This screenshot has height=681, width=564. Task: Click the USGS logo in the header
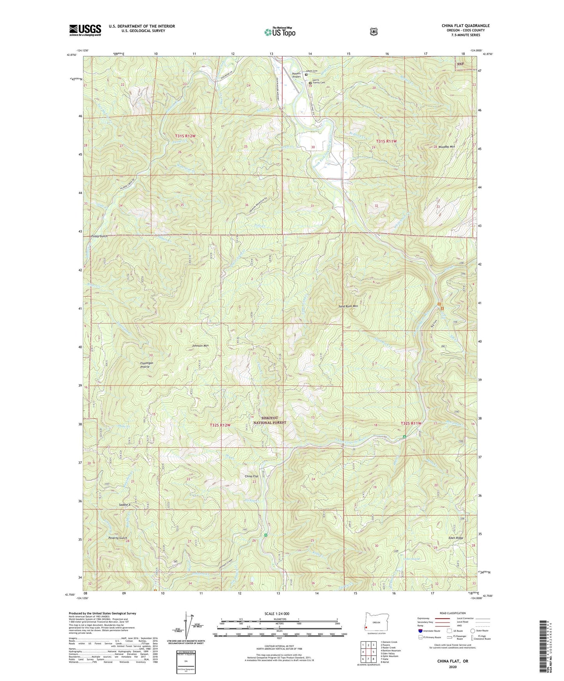(x=85, y=30)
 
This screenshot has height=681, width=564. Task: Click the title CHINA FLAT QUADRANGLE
(x=465, y=26)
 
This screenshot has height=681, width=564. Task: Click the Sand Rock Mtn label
(x=348, y=306)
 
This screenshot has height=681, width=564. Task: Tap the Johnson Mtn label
(x=200, y=346)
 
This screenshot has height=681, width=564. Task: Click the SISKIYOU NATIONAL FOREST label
(x=270, y=420)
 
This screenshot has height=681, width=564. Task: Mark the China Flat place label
(x=251, y=477)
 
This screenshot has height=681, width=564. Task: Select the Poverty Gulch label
(x=118, y=538)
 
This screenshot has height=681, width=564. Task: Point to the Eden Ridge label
(x=456, y=538)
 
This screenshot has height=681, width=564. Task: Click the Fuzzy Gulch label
(x=99, y=236)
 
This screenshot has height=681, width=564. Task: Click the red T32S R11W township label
(x=411, y=423)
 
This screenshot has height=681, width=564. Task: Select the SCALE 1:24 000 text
(x=277, y=614)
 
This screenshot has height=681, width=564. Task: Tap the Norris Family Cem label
(x=319, y=84)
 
